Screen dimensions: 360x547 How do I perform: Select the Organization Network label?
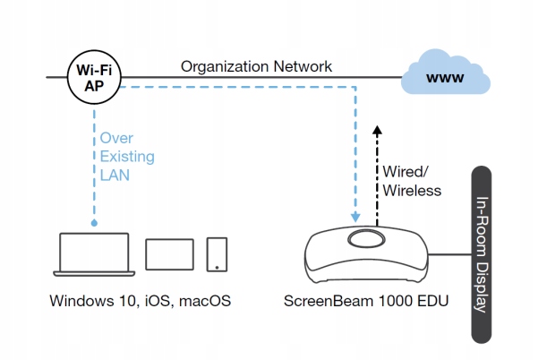(x=256, y=66)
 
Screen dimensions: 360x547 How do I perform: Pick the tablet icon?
(x=168, y=254)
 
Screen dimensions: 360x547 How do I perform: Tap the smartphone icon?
(x=217, y=254)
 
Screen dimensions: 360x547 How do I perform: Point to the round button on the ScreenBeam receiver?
(x=368, y=239)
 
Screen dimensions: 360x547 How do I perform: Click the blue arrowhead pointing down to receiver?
(x=356, y=217)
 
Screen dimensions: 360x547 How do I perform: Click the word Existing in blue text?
(x=127, y=158)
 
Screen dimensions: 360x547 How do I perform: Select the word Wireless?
(x=412, y=190)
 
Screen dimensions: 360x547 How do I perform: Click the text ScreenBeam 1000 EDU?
(x=366, y=301)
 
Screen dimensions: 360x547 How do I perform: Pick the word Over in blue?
(x=116, y=140)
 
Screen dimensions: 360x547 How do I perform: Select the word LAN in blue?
(x=115, y=176)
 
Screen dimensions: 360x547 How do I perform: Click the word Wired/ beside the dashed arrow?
(x=406, y=171)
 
